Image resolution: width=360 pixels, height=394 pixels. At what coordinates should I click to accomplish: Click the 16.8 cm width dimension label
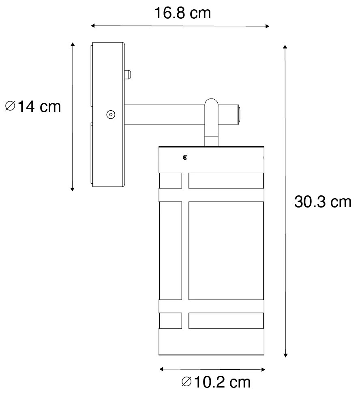tap(182, 13)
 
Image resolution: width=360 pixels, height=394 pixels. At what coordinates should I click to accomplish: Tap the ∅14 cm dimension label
tap(33, 107)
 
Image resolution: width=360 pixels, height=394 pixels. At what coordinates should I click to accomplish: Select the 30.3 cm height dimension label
tap(322, 202)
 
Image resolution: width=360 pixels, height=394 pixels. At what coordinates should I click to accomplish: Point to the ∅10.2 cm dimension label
tap(216, 381)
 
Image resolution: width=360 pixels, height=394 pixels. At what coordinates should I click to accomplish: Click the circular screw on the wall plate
tap(110, 115)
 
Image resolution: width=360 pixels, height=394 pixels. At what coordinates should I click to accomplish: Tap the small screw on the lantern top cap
tap(185, 157)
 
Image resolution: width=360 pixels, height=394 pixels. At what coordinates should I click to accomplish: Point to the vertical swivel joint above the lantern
tap(211, 122)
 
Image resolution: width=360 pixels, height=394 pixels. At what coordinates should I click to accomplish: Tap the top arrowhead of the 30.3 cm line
tap(285, 48)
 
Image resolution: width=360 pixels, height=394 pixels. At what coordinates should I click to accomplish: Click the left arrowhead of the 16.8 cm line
tap(93, 26)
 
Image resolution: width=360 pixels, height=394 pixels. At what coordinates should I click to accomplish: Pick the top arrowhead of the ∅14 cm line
tap(73, 44)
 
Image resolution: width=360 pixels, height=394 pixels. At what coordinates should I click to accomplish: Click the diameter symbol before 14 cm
tap(11, 107)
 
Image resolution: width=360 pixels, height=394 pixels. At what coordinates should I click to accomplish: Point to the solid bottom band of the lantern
tap(211, 341)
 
